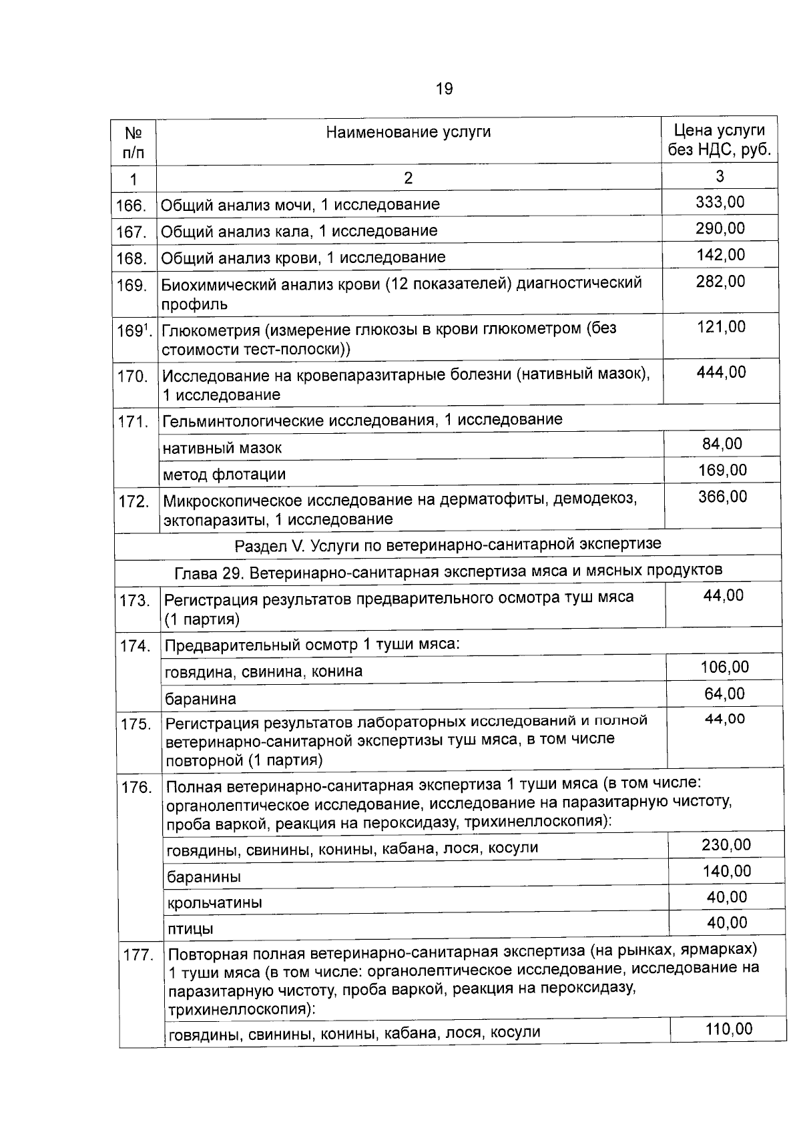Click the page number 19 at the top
[x=444, y=88]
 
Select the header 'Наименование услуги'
[x=408, y=131]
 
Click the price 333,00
[x=720, y=202]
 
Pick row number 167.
[x=131, y=232]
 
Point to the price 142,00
[x=720, y=255]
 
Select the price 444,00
[x=721, y=372]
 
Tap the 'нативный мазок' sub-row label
[x=222, y=448]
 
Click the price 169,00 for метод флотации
[x=722, y=471]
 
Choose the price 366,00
[x=722, y=497]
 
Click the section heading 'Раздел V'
[x=447, y=544]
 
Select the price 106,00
[x=724, y=667]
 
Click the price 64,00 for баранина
[x=724, y=693]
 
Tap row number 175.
[x=136, y=724]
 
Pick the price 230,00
[x=726, y=845]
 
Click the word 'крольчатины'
[x=214, y=903]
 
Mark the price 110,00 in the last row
[x=728, y=1029]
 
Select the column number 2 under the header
[x=408, y=178]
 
